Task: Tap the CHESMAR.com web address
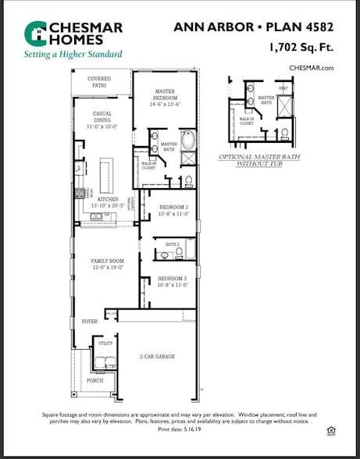tap(311, 68)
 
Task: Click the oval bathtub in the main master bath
tap(187, 141)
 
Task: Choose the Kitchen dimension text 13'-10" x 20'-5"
tap(108, 205)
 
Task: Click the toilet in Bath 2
tap(165, 254)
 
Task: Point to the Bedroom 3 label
tap(173, 279)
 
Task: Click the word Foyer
tap(89, 321)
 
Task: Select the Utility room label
tap(104, 343)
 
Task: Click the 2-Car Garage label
tap(157, 357)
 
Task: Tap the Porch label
tap(94, 381)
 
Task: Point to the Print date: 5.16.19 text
tap(180, 429)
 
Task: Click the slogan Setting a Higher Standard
tap(73, 55)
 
